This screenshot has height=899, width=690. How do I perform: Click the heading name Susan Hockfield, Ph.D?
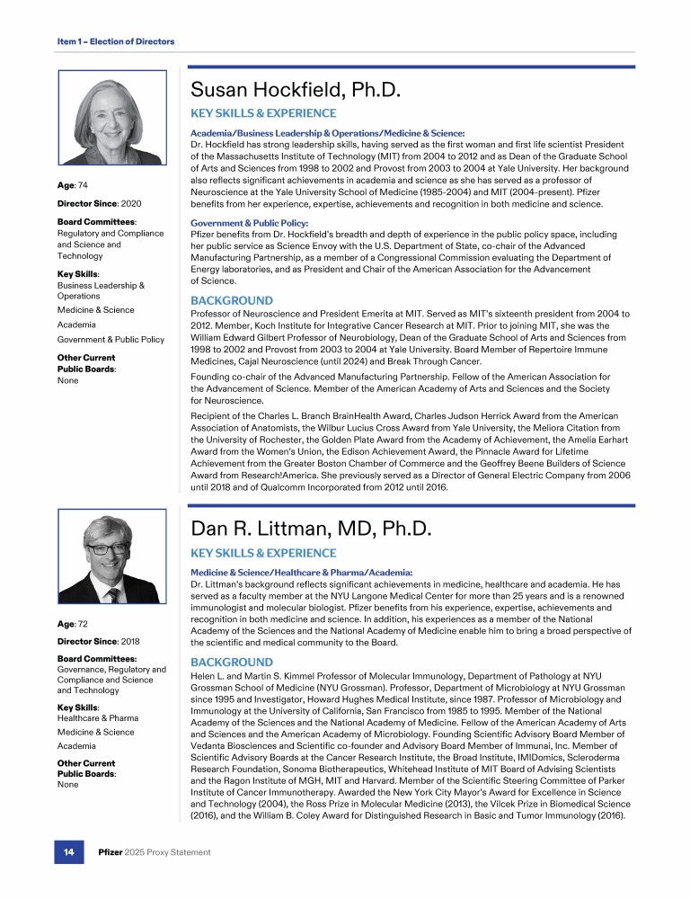[295, 90]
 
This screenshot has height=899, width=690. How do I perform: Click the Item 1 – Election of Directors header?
[110, 41]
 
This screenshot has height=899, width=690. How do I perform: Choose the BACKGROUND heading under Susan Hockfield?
[232, 300]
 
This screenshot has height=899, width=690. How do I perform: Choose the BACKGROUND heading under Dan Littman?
[232, 662]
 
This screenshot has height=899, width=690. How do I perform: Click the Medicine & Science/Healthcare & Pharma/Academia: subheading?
[302, 572]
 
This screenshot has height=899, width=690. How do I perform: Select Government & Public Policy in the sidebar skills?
[111, 340]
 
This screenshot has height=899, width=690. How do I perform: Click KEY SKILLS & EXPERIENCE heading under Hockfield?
[263, 113]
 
